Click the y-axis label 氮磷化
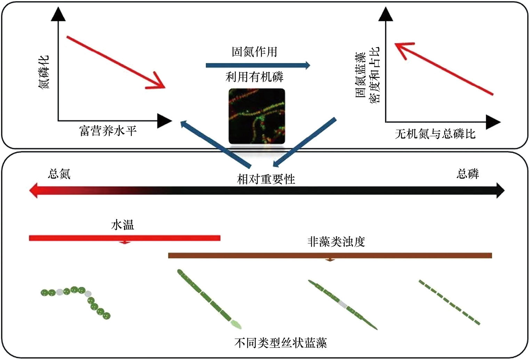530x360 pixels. pyautogui.click(x=44, y=72)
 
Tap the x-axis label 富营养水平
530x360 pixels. pyautogui.click(x=108, y=131)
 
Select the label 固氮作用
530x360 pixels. pyautogui.click(x=255, y=52)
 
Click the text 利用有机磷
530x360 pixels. pyautogui.click(x=255, y=77)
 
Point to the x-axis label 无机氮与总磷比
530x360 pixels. pyautogui.click(x=435, y=134)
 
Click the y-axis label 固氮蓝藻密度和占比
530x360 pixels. pyautogui.click(x=367, y=75)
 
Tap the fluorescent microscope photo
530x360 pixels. pyautogui.click(x=257, y=116)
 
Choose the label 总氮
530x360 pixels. pyautogui.click(x=59, y=174)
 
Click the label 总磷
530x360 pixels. pyautogui.click(x=467, y=174)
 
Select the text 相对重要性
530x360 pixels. pyautogui.click(x=266, y=179)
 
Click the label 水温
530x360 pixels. pyautogui.click(x=122, y=225)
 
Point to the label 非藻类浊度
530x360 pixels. pyautogui.click(x=336, y=242)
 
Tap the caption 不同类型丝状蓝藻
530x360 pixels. pyautogui.click(x=281, y=343)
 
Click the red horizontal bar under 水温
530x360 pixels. pyautogui.click(x=125, y=238)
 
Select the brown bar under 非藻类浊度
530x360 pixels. pyautogui.click(x=330, y=256)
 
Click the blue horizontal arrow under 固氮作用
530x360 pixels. pyautogui.click(x=257, y=65)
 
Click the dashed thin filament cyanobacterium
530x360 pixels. pyautogui.click(x=449, y=302)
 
